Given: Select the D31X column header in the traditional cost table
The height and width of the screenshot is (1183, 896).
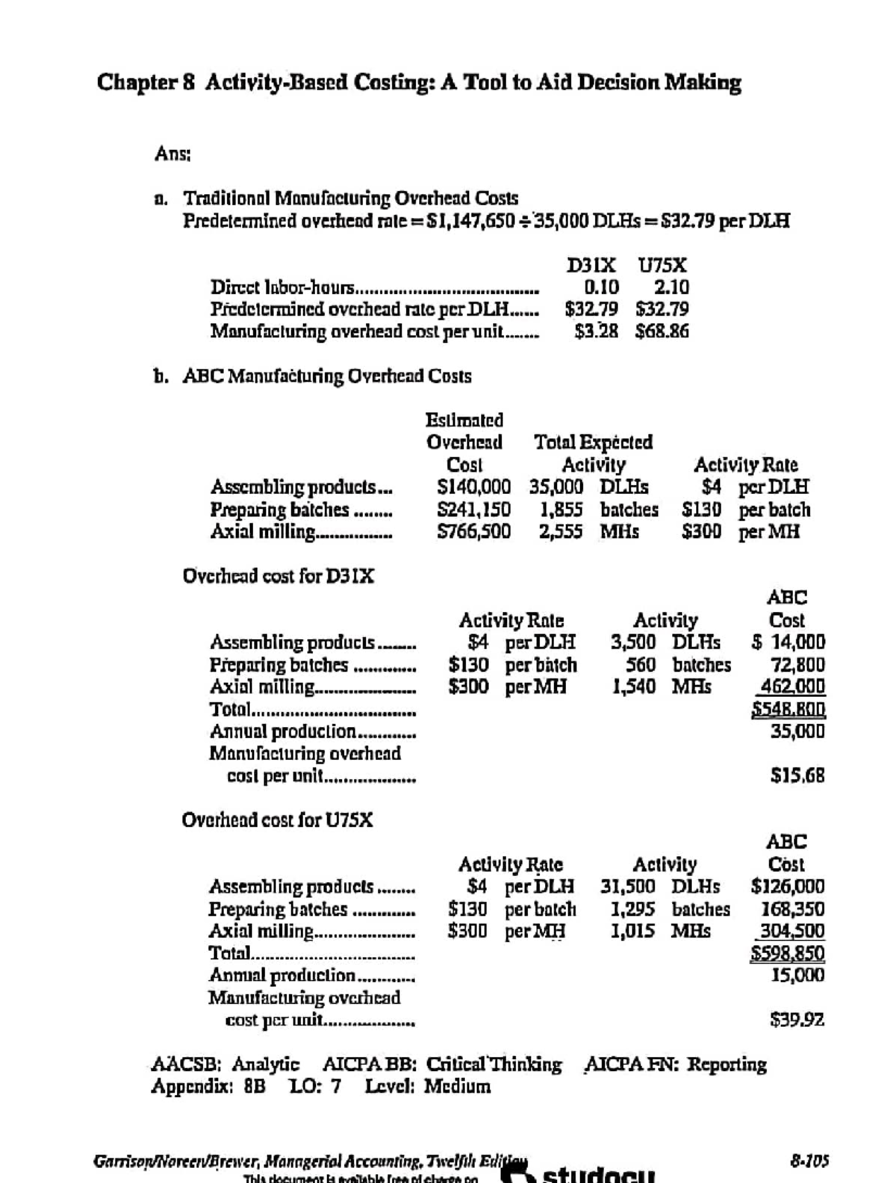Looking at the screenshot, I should [x=591, y=265].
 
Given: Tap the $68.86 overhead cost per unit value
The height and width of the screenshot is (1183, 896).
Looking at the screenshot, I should [x=662, y=331].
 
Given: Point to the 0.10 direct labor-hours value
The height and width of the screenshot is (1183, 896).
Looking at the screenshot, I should [x=601, y=287].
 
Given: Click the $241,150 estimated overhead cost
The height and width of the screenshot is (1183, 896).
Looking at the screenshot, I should [x=474, y=510].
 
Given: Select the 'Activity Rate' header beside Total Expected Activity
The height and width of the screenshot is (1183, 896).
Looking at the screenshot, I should [x=745, y=465].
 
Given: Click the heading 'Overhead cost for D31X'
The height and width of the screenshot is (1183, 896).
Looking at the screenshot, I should [x=279, y=576].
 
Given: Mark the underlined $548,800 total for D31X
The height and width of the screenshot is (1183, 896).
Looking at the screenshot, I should [x=788, y=708].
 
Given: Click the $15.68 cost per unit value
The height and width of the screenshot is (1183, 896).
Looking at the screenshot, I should [x=797, y=775].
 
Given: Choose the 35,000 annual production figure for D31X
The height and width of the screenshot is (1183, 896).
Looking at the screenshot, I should [x=797, y=731].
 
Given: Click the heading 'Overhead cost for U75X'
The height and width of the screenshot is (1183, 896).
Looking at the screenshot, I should [x=278, y=820].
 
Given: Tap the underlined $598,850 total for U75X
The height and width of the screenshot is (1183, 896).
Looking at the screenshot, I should [x=788, y=953].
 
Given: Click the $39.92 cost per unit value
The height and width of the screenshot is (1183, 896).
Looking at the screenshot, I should [x=797, y=1020].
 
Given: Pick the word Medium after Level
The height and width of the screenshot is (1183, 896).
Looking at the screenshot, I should [x=458, y=1086].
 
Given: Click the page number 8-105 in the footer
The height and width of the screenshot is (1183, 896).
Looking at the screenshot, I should [x=809, y=1161].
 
